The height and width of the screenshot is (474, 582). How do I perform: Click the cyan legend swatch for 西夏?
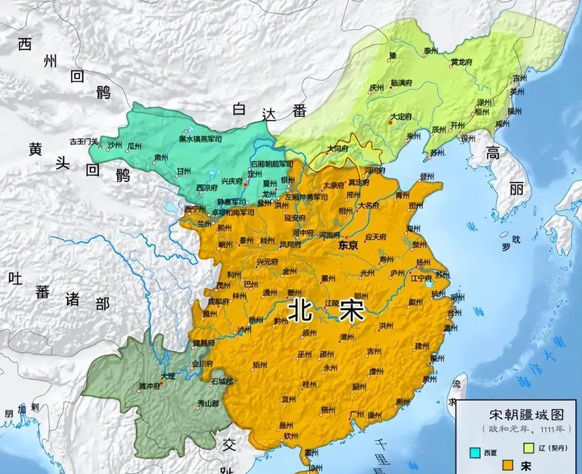click(475, 453)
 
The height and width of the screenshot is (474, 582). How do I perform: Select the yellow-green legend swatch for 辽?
click(529, 448)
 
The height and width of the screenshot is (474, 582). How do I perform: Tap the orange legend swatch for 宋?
click(508, 465)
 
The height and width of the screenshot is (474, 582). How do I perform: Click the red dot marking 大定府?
click(390, 122)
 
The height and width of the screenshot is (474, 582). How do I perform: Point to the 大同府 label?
click(338, 149)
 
